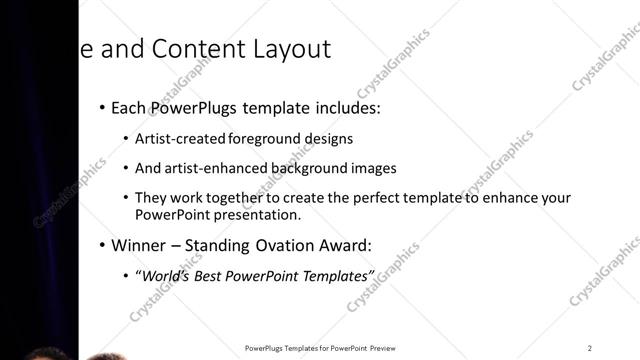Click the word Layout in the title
289,50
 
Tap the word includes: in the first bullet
344,107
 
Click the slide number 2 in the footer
589,348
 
